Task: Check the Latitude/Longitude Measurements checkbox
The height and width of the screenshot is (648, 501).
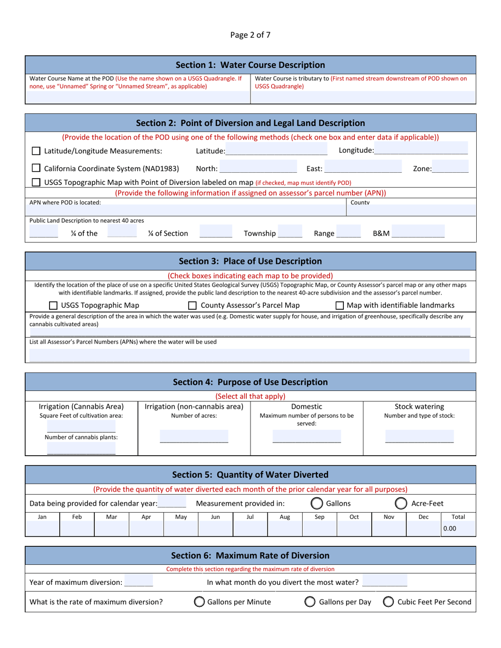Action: coord(36,151)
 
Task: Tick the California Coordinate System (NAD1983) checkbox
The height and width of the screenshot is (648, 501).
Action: coord(36,169)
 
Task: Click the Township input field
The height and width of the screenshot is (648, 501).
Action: coord(290,232)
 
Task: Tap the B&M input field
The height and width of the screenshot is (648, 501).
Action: coord(418,232)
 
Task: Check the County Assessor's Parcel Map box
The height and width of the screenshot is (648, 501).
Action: coord(192,306)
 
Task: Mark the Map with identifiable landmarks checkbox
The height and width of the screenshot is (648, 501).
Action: coord(340,306)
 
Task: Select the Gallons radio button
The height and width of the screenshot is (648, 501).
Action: coord(316,503)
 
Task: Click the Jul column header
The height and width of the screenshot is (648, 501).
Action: coord(250,517)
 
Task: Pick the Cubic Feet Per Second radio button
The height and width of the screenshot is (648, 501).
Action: coord(389,602)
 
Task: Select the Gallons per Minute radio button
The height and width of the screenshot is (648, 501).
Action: coord(199,602)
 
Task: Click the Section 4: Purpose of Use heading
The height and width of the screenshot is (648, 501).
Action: coord(250,382)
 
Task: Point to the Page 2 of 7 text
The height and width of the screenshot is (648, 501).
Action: coord(250,35)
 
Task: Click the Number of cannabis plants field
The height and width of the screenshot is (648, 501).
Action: coord(81,448)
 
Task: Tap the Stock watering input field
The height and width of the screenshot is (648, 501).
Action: coord(419,437)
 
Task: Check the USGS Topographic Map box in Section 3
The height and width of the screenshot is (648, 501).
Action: coord(53,306)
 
